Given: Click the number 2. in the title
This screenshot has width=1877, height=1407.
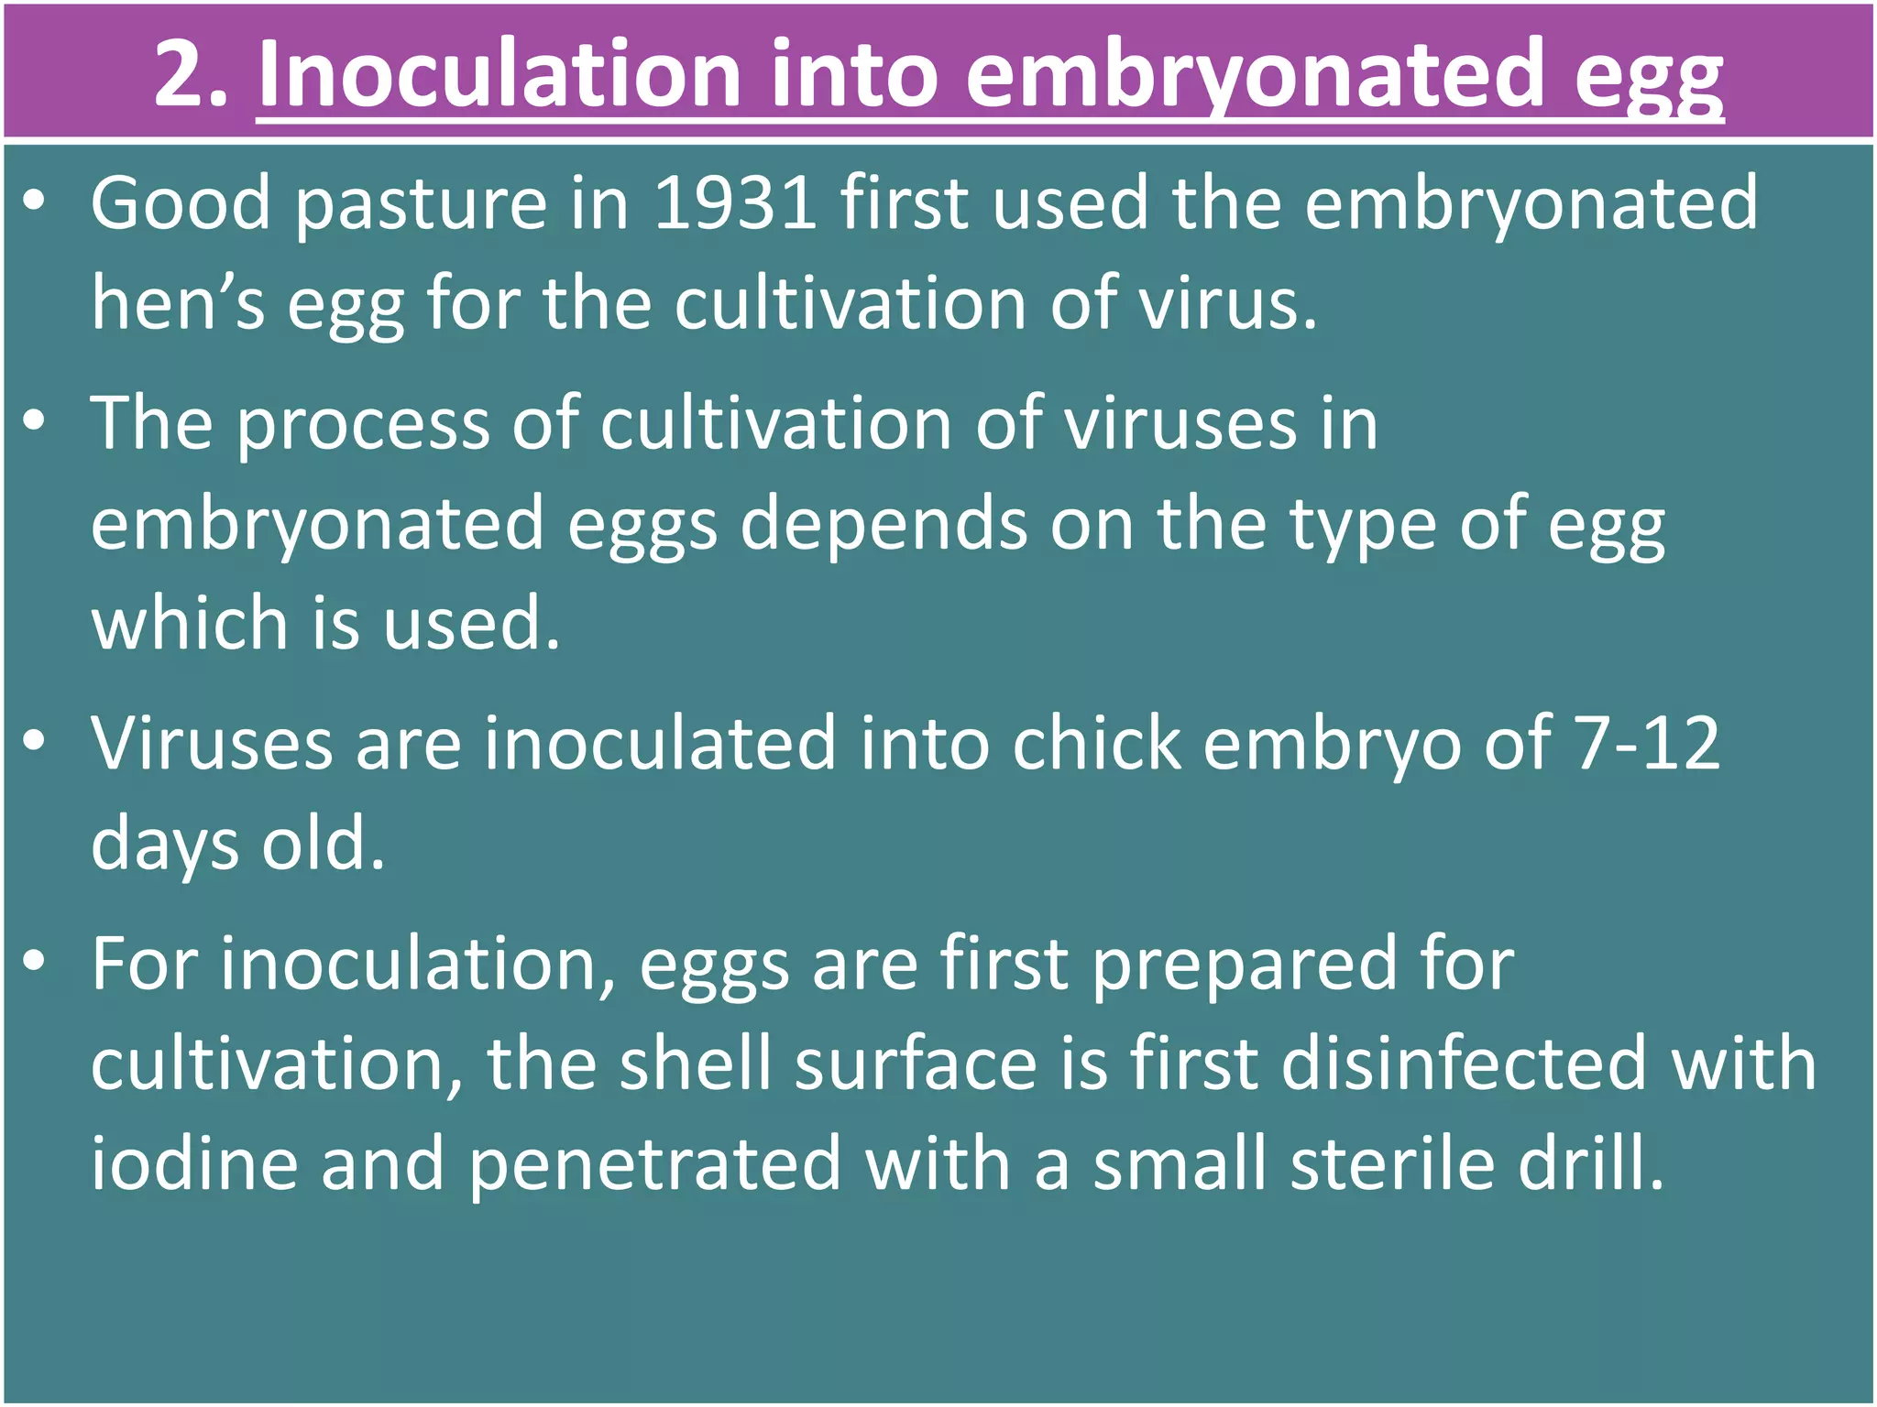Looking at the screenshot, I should tap(191, 73).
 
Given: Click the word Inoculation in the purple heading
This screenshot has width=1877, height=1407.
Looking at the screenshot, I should tap(499, 73).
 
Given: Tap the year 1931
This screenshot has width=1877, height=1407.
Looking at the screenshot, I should tap(735, 202).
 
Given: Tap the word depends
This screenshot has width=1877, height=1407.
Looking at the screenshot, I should tap(884, 524).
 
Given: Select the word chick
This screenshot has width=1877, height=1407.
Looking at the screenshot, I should tap(1096, 743).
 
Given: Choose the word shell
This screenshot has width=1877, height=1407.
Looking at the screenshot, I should tap(695, 1063).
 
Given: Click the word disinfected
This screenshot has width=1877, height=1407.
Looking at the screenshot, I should tap(1464, 1063).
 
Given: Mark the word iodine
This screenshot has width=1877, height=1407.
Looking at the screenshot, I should tap(195, 1162).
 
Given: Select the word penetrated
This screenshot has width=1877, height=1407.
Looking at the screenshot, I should tap(654, 1164).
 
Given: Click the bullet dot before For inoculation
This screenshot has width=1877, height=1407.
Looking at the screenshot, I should tap(35, 961).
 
